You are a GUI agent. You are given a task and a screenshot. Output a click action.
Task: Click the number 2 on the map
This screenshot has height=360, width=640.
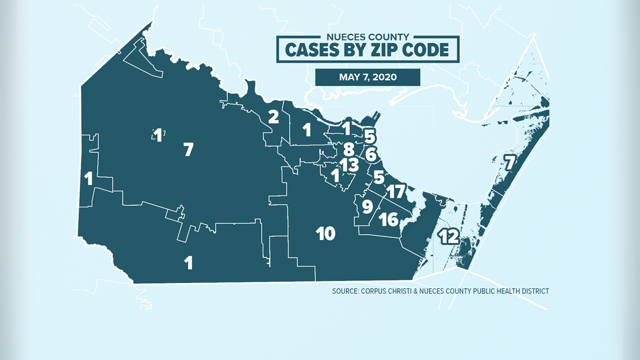coord(273,117)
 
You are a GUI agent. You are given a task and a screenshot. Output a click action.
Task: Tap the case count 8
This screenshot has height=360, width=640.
coord(349,149)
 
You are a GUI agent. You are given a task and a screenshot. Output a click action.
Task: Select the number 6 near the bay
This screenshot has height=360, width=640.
coord(371,154)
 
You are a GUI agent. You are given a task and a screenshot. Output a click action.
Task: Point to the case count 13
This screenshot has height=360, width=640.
coord(349,165)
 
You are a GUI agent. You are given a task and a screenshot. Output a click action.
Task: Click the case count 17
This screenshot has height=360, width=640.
coord(395,192)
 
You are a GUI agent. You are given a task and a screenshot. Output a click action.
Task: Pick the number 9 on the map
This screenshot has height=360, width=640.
coord(367,207)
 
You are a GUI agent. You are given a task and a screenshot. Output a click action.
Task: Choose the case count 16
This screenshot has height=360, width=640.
coord(388,218)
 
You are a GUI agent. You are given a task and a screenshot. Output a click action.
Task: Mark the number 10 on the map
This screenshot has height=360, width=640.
coord(326,233)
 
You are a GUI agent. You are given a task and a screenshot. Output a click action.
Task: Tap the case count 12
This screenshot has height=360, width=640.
coord(449,237)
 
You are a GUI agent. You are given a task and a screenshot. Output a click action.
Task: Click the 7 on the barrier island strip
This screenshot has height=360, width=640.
coord(509,162)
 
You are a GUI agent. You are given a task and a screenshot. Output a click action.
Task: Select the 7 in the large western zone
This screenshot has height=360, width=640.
coord(188,149)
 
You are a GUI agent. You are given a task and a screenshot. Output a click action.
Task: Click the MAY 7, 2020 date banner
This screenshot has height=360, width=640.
coord(367,77)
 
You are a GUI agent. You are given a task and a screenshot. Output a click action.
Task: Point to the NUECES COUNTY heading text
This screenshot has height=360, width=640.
coord(368,37)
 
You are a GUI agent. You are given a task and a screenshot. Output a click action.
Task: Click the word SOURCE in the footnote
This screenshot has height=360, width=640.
coord(348,291)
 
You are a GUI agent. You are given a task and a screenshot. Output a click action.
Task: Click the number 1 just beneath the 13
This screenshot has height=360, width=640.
coord(335,176)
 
